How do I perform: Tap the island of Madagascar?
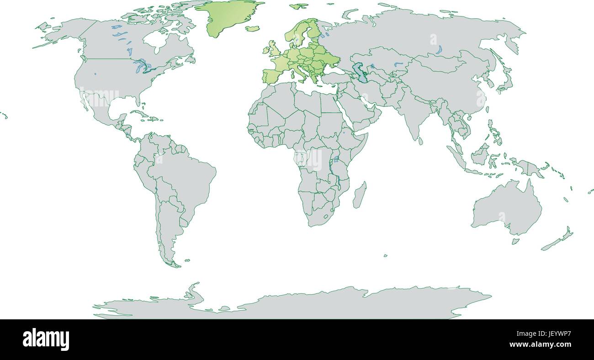point(360,194)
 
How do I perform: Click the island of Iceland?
point(252,28)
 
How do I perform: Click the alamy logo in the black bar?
point(46,339)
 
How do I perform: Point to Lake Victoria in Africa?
point(336,159)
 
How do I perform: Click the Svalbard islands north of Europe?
point(299,6)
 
